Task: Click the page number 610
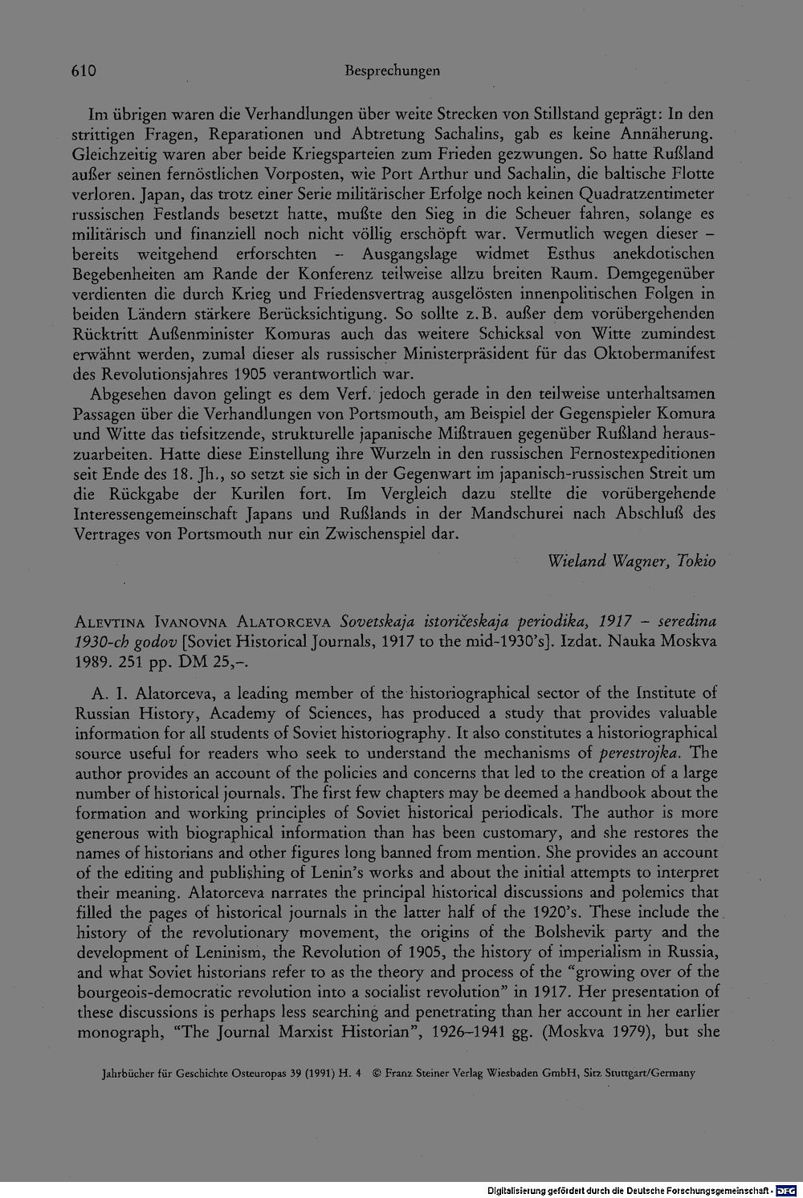81,71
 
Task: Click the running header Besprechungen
391,71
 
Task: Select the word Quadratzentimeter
649,194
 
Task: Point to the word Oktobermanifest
660,353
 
